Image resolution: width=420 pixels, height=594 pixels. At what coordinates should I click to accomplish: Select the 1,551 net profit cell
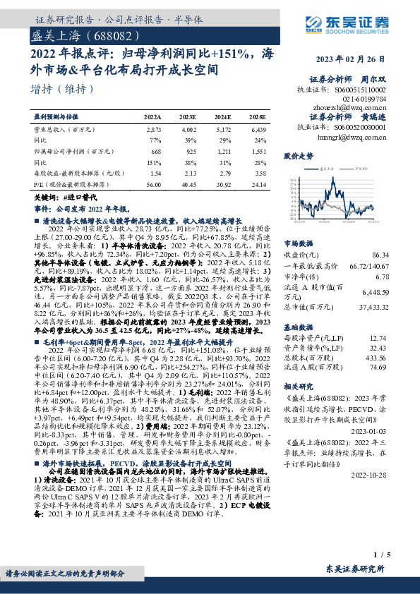(x=258, y=152)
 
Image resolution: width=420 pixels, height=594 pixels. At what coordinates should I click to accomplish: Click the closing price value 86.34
(x=400, y=253)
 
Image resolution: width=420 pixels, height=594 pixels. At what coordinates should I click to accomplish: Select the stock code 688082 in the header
(x=107, y=34)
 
